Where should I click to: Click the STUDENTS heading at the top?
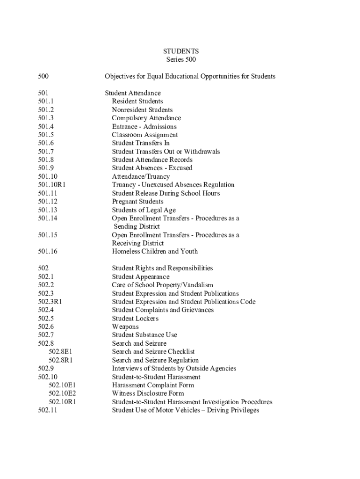click(x=181, y=51)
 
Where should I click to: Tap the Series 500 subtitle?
click(x=181, y=59)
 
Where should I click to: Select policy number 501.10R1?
click(x=51, y=185)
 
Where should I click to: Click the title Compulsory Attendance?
click(x=146, y=118)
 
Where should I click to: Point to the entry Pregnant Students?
click(x=137, y=202)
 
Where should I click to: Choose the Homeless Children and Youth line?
click(x=155, y=251)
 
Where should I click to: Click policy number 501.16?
click(x=48, y=251)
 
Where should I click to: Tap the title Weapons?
click(x=125, y=327)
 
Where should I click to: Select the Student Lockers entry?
click(x=135, y=319)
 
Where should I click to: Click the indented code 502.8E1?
click(x=62, y=352)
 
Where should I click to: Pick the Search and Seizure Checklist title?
click(x=153, y=352)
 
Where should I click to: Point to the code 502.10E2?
click(x=62, y=393)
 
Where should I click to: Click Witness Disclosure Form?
click(x=148, y=393)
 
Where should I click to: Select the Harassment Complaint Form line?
click(x=153, y=385)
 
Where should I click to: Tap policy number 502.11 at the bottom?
click(x=48, y=410)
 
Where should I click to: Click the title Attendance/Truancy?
click(x=141, y=176)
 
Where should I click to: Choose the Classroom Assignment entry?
click(x=145, y=135)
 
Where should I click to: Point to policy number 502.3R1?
click(x=50, y=302)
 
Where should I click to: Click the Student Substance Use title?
click(x=144, y=335)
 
